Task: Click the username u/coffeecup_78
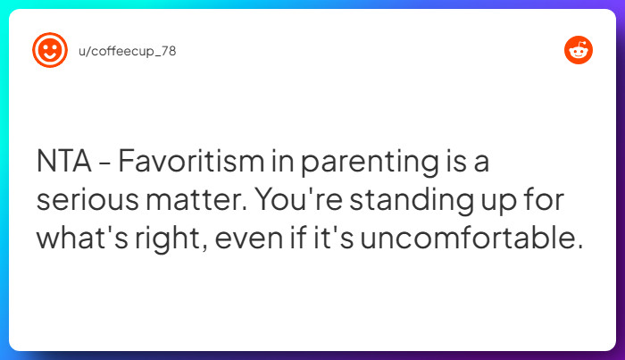[x=128, y=51]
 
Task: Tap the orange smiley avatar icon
[x=50, y=50]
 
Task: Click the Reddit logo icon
[x=578, y=51]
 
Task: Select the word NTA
[x=64, y=163]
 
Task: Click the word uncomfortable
[x=482, y=239]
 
